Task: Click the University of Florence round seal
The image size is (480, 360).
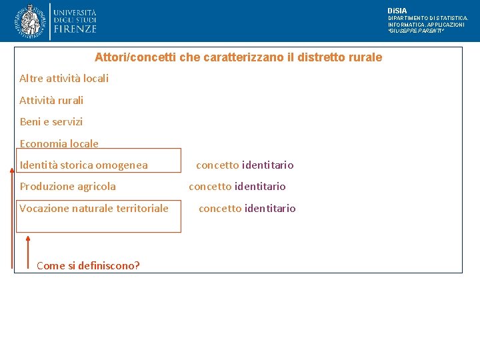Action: (30, 21)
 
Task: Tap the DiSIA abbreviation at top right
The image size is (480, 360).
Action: (397, 11)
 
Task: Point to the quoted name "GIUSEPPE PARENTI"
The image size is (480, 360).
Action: (416, 31)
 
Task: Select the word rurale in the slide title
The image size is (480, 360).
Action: (365, 57)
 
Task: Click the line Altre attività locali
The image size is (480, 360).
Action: (64, 79)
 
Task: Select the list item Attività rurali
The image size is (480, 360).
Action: (51, 101)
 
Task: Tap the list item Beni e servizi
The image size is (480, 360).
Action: (51, 122)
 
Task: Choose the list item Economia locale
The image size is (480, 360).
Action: (59, 143)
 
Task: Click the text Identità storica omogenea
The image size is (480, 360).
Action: (84, 165)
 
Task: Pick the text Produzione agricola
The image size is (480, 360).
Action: (67, 187)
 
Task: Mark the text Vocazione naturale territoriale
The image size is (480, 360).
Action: (94, 208)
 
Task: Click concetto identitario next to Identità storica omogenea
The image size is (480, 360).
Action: (245, 165)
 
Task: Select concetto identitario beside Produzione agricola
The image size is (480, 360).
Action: (237, 187)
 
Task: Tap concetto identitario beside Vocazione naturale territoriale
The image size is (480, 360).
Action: (247, 208)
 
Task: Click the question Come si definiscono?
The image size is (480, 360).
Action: (88, 265)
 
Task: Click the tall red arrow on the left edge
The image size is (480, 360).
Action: (12, 217)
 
